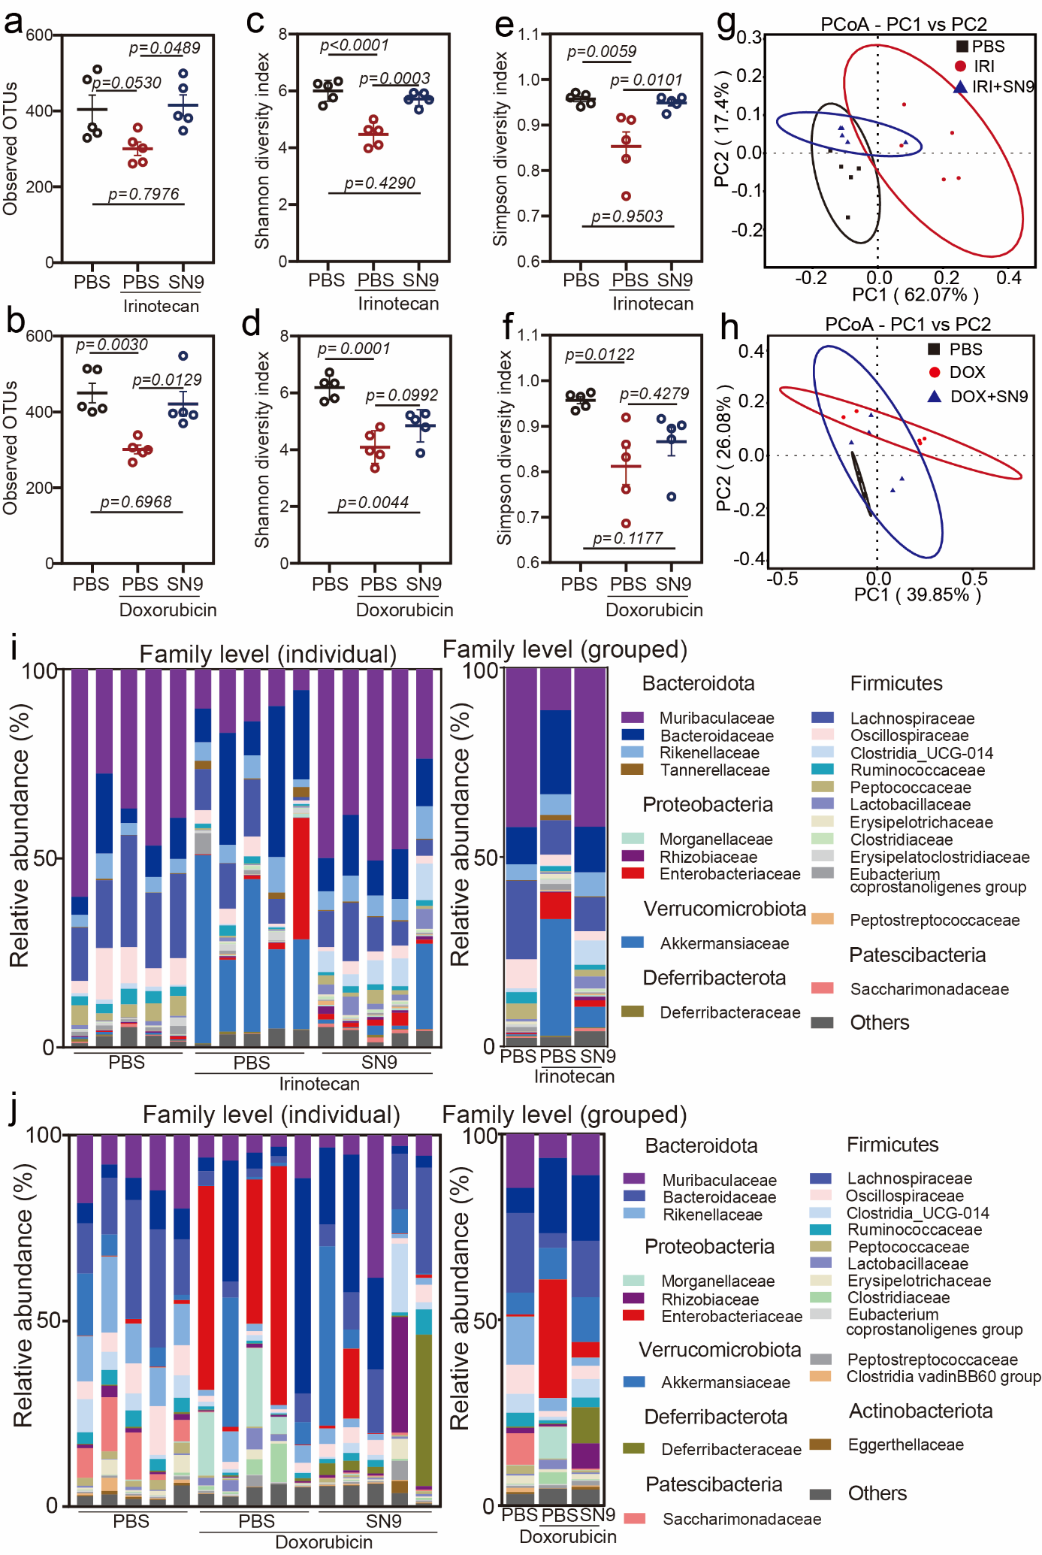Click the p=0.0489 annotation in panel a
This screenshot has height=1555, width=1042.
tap(165, 48)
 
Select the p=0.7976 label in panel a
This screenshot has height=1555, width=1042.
tap(143, 194)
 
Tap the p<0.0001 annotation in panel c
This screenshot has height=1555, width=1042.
tap(355, 45)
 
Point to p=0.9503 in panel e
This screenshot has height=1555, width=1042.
tap(627, 216)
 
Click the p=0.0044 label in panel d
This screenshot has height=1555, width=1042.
tap(373, 502)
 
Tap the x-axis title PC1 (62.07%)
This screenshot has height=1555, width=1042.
tap(915, 294)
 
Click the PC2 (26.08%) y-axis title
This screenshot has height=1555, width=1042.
tap(723, 455)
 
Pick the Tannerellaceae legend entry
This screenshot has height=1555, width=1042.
tap(714, 770)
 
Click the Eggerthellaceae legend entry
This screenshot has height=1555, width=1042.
tap(905, 1444)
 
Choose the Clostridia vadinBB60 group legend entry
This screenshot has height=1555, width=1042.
tap(943, 1376)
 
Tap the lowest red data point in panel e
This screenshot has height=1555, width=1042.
tap(626, 196)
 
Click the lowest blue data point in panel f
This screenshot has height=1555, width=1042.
tap(672, 497)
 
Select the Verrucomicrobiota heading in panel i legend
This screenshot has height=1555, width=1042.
tap(724, 909)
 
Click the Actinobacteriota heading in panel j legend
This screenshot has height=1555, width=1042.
tap(920, 1411)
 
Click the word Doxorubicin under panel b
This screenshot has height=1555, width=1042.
tap(168, 610)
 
